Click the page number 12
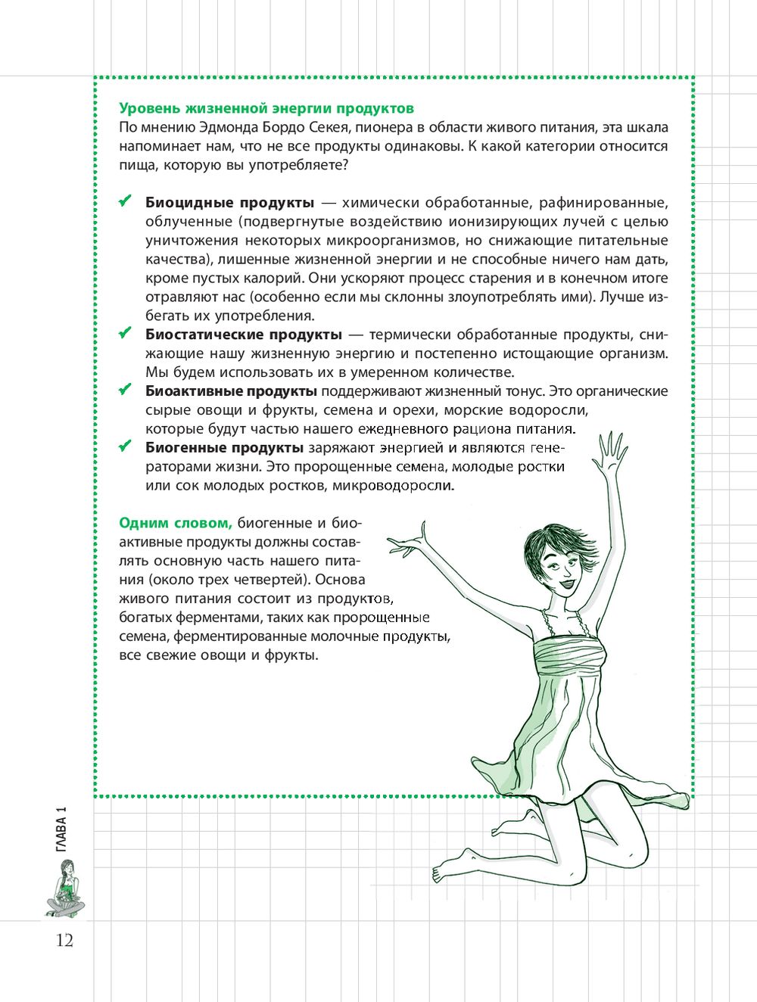click(x=64, y=941)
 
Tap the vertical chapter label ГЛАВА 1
click(x=61, y=830)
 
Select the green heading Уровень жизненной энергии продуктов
click(x=266, y=109)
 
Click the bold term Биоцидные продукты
click(x=229, y=203)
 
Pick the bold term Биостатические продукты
click(x=243, y=335)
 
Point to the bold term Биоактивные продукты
click(x=231, y=391)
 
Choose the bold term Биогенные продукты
click(x=224, y=448)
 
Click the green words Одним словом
click(x=175, y=523)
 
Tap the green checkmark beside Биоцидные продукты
click(x=126, y=202)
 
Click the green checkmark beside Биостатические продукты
click(x=126, y=334)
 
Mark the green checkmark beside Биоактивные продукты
click(x=126, y=391)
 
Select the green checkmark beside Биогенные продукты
click(x=126, y=447)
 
